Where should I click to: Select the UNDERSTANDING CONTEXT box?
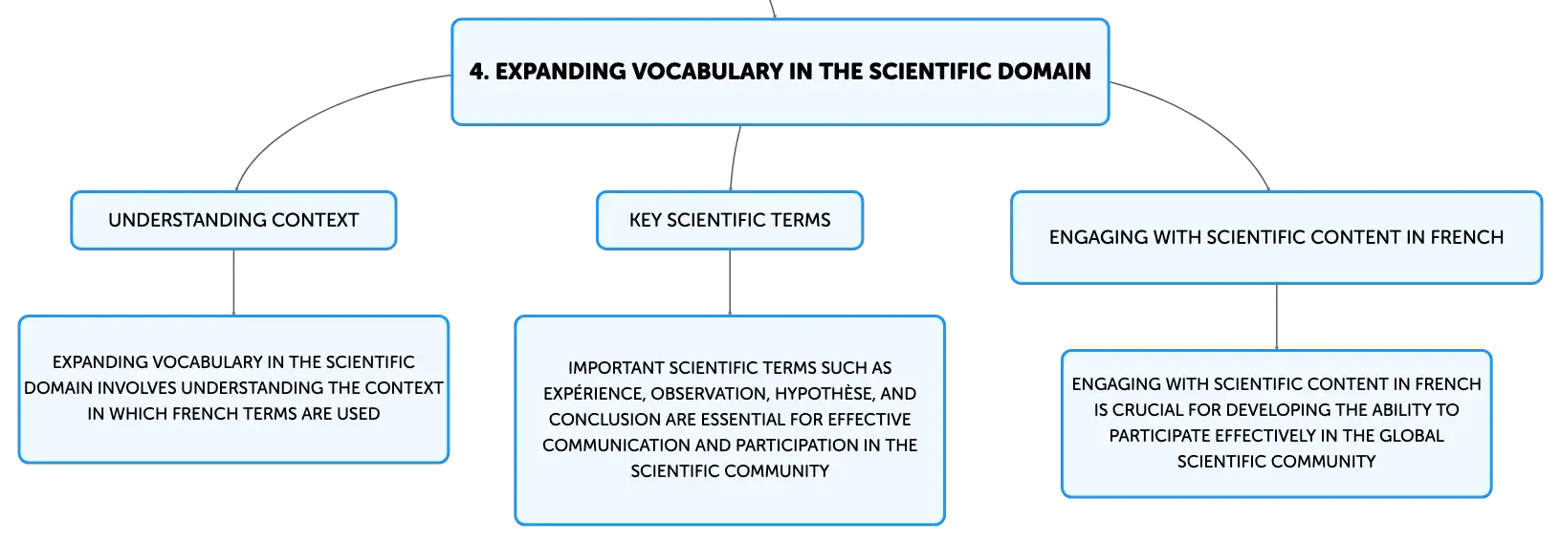[233, 220]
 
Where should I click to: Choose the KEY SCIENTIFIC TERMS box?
[730, 220]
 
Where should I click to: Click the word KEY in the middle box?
[645, 220]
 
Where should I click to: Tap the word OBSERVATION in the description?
[710, 394]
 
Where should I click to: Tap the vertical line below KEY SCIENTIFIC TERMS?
[730, 282]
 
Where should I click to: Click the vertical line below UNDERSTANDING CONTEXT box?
[233, 282]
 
